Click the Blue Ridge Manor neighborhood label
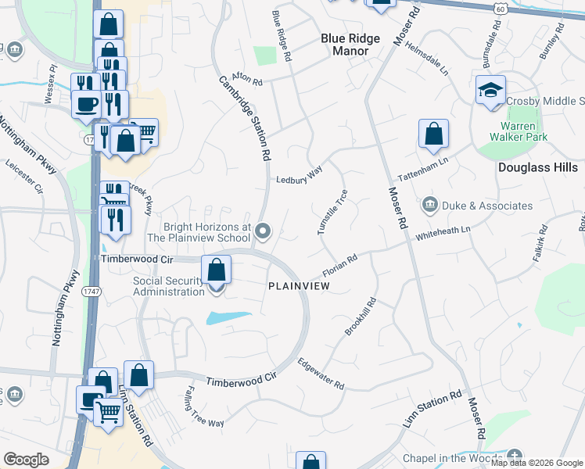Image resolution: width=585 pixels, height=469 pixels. click(350, 45)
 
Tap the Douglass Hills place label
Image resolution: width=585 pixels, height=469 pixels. click(537, 167)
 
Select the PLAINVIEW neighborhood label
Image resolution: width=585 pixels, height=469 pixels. click(299, 287)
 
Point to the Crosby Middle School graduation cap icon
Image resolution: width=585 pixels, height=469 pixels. click(490, 90)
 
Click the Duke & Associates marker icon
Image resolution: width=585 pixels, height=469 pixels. click(429, 206)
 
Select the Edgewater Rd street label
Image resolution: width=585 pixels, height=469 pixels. click(321, 374)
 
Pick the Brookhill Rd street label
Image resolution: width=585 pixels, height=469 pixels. click(361, 317)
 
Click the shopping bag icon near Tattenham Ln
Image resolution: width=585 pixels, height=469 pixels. click(433, 134)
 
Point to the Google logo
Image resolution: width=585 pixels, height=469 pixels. click(26, 460)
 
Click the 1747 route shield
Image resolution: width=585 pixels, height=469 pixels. click(91, 291)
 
